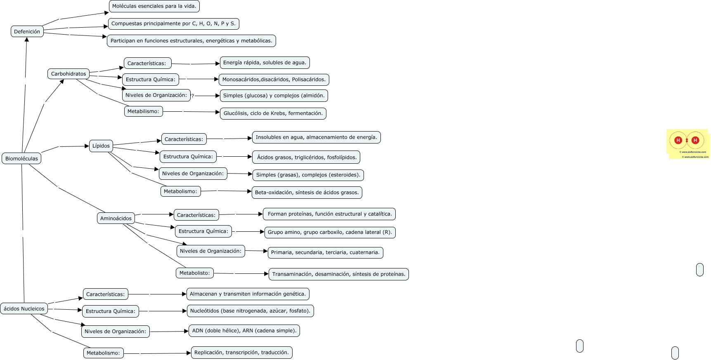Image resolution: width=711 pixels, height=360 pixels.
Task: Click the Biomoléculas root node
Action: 21,158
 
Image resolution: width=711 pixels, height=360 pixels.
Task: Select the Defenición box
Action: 27,31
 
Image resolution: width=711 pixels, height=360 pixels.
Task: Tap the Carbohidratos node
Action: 69,74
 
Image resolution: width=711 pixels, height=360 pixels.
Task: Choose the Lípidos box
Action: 101,146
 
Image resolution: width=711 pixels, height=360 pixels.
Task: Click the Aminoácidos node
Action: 116,218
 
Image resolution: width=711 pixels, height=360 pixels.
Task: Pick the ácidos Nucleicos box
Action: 24,308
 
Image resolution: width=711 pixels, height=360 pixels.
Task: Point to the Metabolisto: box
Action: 194,273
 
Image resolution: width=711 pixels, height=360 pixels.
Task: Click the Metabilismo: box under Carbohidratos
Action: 143,111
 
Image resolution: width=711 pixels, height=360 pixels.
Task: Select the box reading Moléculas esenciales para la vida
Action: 154,6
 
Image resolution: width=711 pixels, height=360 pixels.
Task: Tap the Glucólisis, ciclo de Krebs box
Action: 273,113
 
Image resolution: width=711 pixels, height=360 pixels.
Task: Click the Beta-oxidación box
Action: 307,193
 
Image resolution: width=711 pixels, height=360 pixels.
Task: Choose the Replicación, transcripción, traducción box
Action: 241,353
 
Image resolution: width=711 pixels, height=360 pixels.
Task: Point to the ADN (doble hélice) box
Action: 244,331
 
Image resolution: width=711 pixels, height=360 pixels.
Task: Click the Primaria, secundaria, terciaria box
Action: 325,252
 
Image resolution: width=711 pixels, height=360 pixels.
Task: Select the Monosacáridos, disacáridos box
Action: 274,80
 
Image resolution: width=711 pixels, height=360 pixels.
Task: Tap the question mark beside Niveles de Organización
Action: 193,96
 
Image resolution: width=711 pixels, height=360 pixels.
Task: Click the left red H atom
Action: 678,140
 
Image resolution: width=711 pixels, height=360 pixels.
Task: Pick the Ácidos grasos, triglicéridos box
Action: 307,157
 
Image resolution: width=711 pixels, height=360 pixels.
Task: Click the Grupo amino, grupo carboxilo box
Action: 330,232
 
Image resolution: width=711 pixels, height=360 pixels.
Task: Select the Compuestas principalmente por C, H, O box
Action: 173,24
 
